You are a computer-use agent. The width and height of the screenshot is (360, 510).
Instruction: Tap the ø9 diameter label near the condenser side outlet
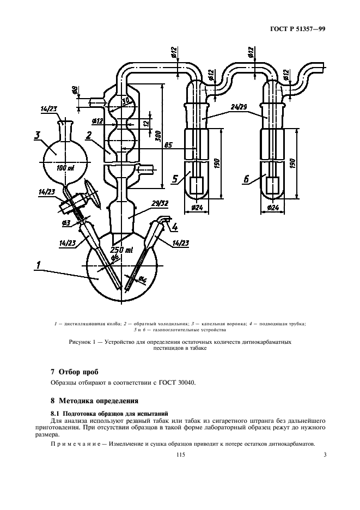(x=75, y=90)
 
